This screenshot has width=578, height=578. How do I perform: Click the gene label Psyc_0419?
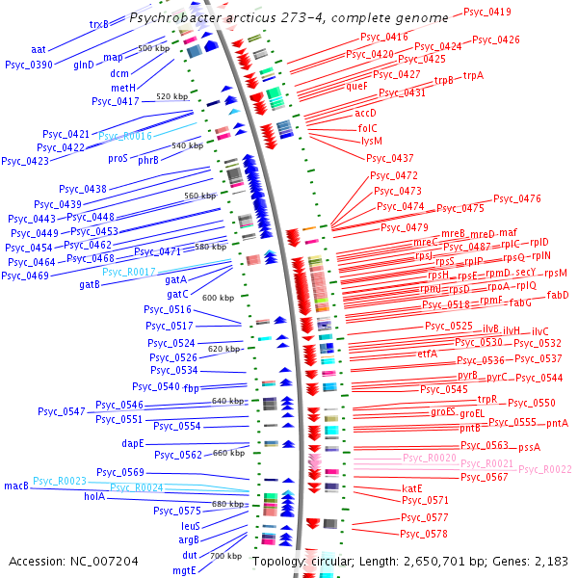(x=487, y=12)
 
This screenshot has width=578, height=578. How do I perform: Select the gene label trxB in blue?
(x=99, y=24)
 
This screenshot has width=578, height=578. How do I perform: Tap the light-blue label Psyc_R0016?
(x=125, y=137)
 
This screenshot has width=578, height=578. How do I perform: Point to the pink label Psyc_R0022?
(x=545, y=469)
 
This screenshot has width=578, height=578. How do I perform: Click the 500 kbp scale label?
(x=153, y=47)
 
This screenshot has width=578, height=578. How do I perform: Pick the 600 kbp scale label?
(x=218, y=298)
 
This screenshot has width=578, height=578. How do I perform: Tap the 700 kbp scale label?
(x=225, y=556)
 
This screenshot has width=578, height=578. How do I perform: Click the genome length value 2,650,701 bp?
(x=411, y=561)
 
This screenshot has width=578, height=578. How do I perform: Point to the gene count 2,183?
(x=550, y=561)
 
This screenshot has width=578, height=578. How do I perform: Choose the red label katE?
(x=412, y=488)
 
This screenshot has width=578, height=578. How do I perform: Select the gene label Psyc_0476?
(x=517, y=198)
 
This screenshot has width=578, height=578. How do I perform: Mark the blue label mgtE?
(x=184, y=569)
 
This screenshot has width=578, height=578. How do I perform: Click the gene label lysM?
(x=372, y=140)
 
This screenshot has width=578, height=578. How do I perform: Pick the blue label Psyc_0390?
(x=29, y=65)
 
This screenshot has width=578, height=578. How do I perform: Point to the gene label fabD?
(x=558, y=295)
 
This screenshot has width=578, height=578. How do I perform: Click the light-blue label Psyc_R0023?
(x=60, y=480)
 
